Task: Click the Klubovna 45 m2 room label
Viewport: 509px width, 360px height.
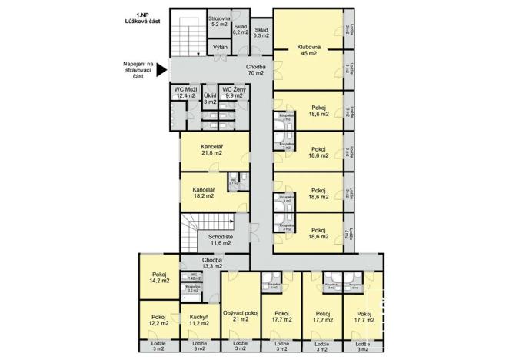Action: pyautogui.click(x=308, y=51)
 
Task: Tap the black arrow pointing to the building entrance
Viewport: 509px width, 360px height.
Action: pyautogui.click(x=160, y=71)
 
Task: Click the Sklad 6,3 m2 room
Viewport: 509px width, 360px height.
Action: pyautogui.click(x=261, y=32)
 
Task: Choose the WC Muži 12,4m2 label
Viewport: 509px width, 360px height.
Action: pyautogui.click(x=185, y=92)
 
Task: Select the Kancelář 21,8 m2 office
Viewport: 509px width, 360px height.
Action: pyautogui.click(x=212, y=150)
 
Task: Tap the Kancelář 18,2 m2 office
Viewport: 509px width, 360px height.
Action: pyautogui.click(x=204, y=192)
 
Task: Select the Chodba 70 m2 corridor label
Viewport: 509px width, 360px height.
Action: pyautogui.click(x=256, y=71)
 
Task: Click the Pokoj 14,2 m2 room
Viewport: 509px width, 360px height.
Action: pyautogui.click(x=159, y=277)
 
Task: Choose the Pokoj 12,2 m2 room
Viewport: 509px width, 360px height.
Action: pyautogui.click(x=159, y=320)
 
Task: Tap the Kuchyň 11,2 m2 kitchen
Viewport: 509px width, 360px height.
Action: pyautogui.click(x=199, y=320)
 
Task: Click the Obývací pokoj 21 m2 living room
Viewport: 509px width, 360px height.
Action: pyautogui.click(x=240, y=316)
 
